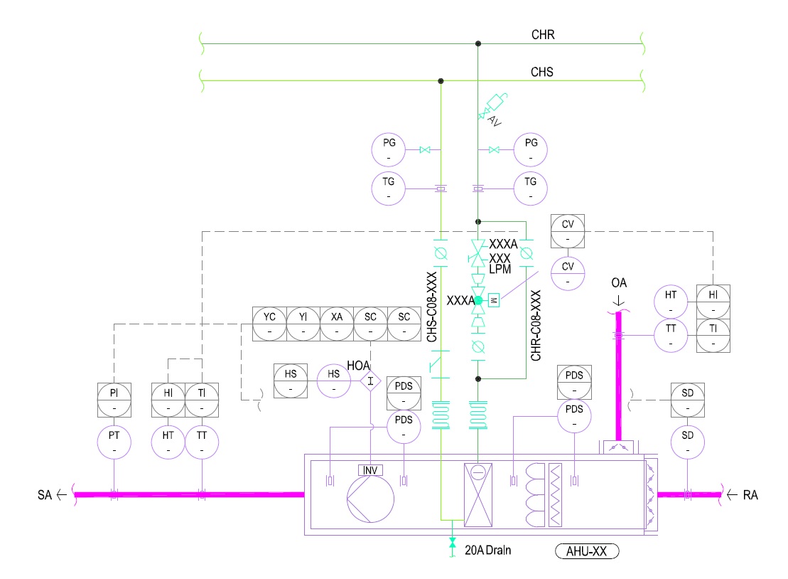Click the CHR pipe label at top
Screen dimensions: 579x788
(542, 34)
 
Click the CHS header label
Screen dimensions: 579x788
(542, 72)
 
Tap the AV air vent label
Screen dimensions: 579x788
(495, 122)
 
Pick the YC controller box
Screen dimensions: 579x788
(270, 324)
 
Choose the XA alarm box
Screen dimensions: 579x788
(337, 324)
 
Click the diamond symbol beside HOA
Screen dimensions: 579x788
(370, 381)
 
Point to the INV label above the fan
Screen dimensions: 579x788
(370, 470)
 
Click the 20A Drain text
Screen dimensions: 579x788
(489, 550)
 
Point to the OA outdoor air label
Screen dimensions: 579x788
(619, 285)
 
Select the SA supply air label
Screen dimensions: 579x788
(44, 494)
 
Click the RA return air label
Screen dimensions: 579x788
(750, 494)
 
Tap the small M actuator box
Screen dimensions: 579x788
(495, 300)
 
